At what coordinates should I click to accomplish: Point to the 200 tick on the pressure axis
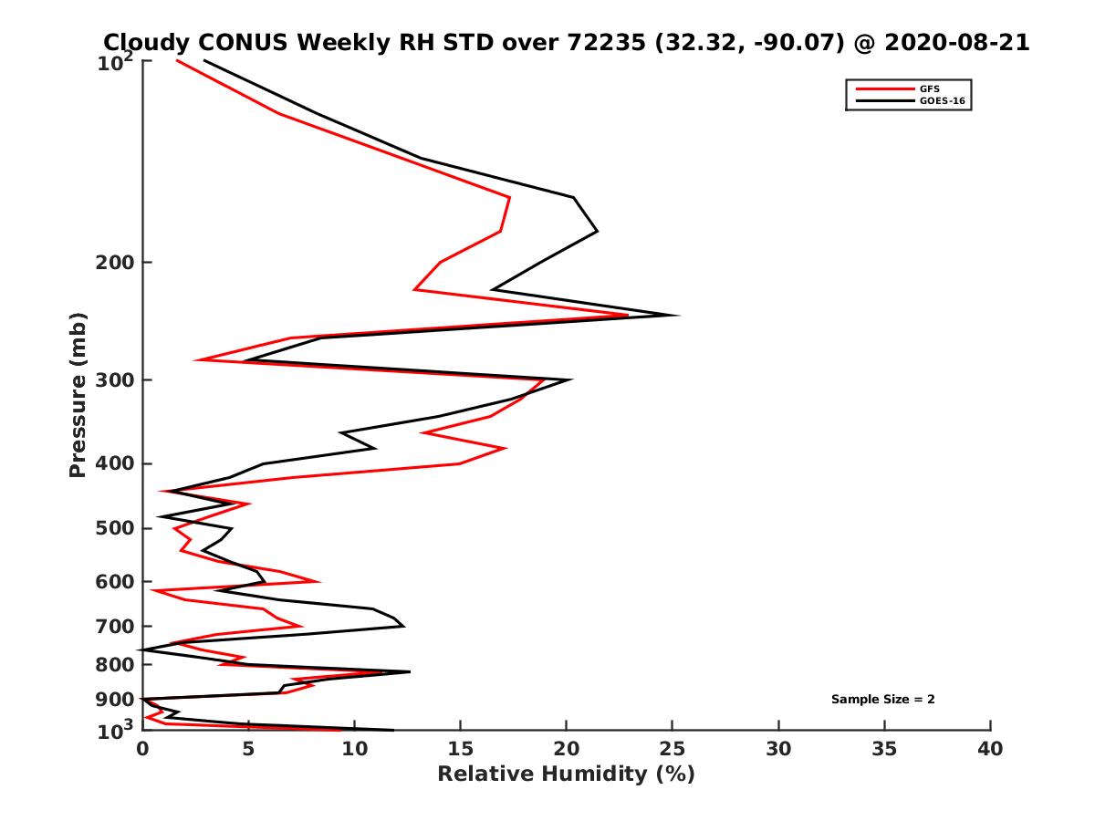point(116,263)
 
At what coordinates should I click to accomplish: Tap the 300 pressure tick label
point(116,379)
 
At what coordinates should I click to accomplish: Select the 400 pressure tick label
point(116,463)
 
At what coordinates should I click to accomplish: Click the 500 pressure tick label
point(116,528)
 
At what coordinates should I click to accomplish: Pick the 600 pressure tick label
point(116,581)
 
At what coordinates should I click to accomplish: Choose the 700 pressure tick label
point(116,626)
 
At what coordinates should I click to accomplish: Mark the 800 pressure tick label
point(116,665)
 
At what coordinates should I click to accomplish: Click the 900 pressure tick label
point(116,700)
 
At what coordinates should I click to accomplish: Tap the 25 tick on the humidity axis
point(673,749)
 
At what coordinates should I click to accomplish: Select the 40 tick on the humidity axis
point(990,749)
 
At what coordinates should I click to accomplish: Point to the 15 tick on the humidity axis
point(461,749)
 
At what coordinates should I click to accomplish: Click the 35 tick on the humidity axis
point(884,749)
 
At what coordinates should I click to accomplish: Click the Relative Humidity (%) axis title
point(566,774)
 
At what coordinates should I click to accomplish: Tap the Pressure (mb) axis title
point(78,395)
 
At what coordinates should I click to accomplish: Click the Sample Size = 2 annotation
point(882,700)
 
